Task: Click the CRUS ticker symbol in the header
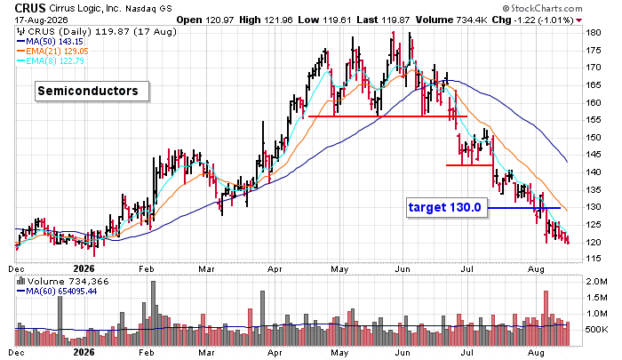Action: (30, 7)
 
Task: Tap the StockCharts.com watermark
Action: (542, 8)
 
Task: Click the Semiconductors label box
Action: (92, 92)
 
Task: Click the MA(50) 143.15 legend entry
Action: (50, 41)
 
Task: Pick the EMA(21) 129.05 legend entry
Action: (52, 52)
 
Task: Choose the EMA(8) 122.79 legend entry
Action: (50, 60)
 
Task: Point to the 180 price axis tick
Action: (594, 33)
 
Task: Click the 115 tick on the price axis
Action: (594, 259)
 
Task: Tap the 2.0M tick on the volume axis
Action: (596, 282)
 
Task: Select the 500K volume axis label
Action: (596, 330)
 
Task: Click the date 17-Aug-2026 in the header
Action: (41, 20)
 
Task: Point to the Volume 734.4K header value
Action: (451, 20)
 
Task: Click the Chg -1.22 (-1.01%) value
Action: (533, 20)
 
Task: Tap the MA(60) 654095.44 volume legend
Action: (57, 292)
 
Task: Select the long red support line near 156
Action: (387, 116)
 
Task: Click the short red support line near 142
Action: (469, 165)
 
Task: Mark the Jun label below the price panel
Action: (403, 269)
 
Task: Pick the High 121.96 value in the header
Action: (267, 20)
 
